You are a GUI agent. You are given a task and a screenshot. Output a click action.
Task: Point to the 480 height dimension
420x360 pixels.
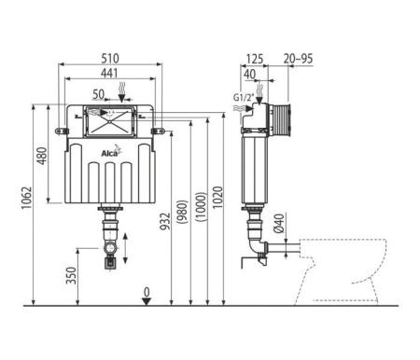(x=40, y=157)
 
